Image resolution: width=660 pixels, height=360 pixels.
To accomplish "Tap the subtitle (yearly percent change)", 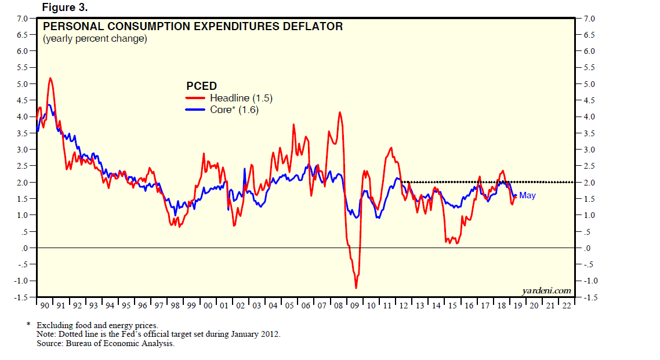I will click(95, 39).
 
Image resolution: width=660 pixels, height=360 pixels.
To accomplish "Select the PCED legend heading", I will click(201, 86).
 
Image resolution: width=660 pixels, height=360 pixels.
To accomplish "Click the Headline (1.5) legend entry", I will click(241, 98).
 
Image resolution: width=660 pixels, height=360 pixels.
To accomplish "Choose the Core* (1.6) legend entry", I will click(234, 109).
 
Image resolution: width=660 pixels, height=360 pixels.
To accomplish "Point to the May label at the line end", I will click(527, 195).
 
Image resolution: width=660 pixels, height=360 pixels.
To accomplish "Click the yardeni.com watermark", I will click(546, 290).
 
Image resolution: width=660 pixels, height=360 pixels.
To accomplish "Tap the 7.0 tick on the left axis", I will click(21, 19).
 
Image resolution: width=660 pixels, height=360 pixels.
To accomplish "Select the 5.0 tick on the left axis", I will click(21, 84).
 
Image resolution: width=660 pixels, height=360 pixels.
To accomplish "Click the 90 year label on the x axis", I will click(43, 305).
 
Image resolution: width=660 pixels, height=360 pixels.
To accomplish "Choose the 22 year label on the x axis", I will click(566, 305).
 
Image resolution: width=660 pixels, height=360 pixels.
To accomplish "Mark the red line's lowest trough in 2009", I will click(356, 288).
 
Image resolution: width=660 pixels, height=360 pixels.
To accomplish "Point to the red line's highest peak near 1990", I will click(50, 78).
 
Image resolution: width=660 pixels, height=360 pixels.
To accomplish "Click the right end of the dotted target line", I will click(573, 182).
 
